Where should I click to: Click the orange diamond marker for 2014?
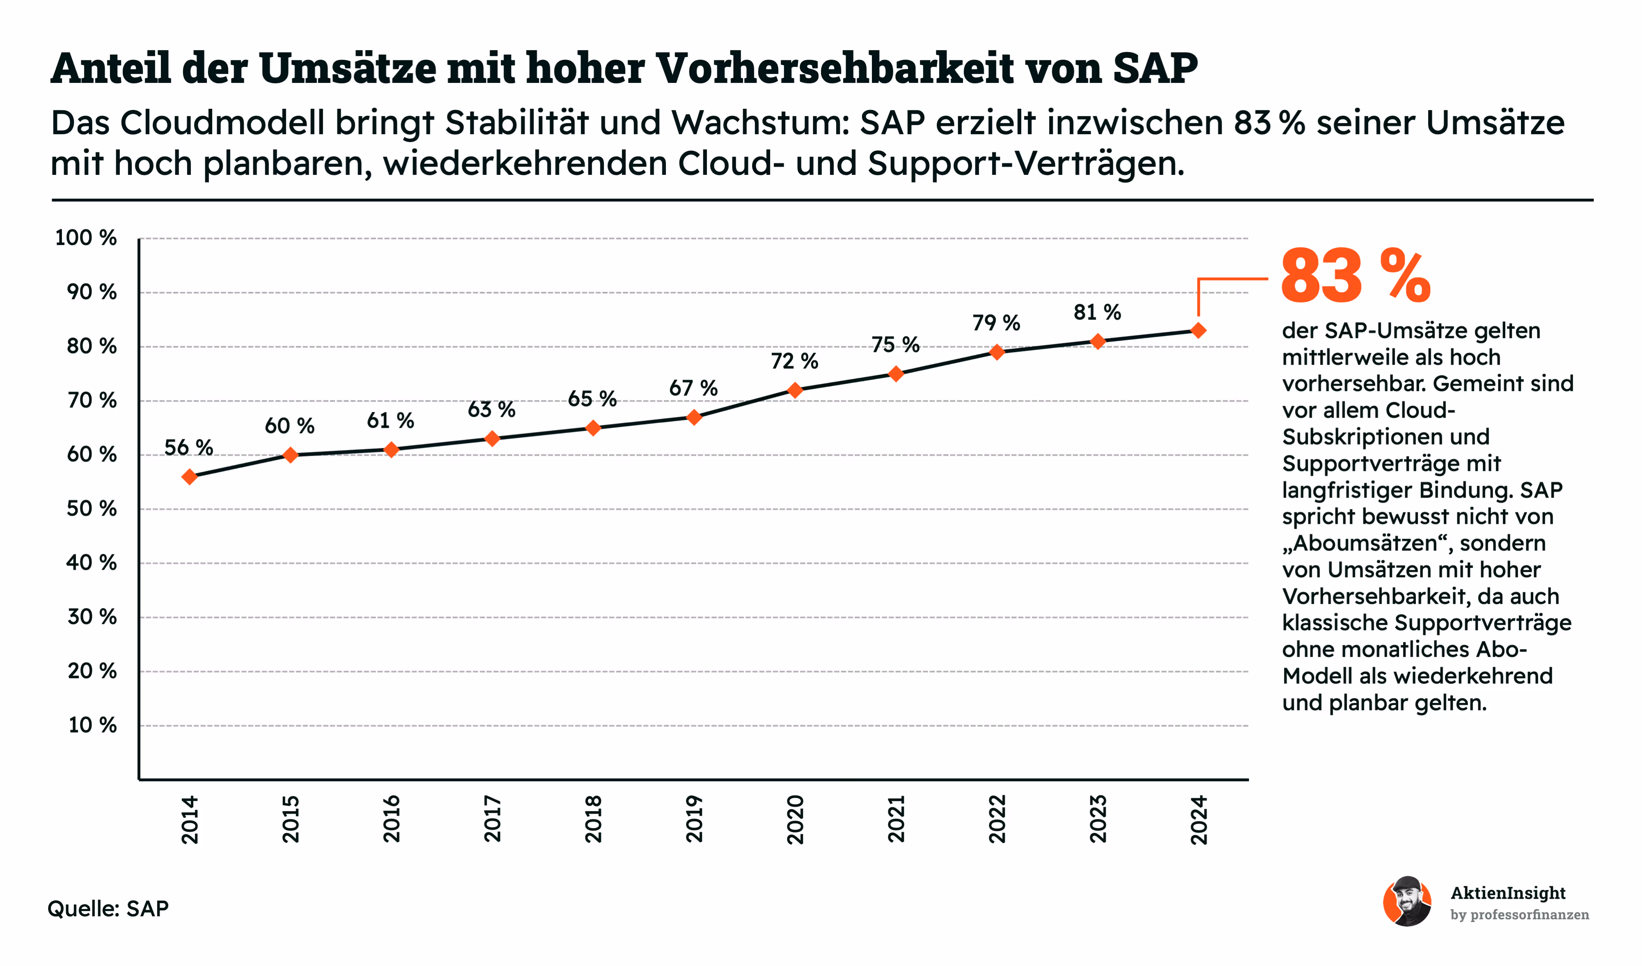click(x=190, y=477)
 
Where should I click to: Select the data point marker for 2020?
click(x=795, y=390)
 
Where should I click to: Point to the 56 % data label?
click(x=188, y=448)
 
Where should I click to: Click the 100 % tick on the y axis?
click(x=86, y=238)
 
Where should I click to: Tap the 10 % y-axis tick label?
click(x=92, y=725)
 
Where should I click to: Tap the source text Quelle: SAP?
click(x=108, y=908)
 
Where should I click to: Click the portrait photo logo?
click(x=1408, y=902)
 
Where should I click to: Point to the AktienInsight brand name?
click(x=1508, y=893)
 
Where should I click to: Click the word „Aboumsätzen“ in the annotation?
click(x=1367, y=543)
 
